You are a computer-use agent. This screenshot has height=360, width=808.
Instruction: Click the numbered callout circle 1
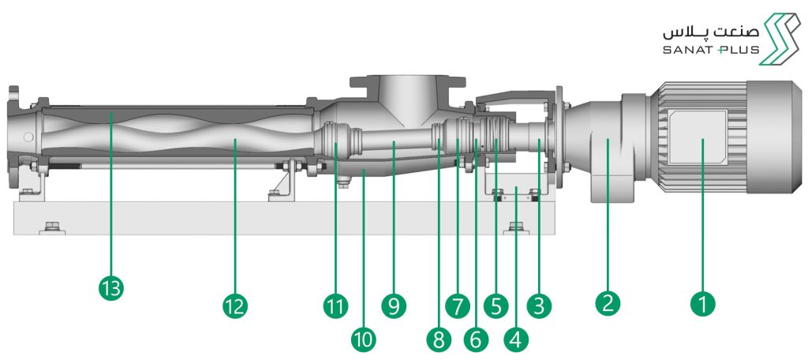click(x=702, y=303)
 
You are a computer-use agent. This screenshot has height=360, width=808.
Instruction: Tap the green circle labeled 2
click(x=608, y=303)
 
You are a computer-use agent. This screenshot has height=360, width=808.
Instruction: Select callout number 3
click(x=538, y=306)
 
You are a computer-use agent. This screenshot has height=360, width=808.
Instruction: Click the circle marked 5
click(x=496, y=306)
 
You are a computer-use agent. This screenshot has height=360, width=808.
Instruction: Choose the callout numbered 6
click(x=475, y=339)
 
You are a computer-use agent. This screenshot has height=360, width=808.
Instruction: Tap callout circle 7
click(x=458, y=306)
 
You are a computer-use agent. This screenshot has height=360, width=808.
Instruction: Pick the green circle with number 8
click(x=439, y=339)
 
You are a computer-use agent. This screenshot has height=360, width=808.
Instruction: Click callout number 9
click(x=394, y=306)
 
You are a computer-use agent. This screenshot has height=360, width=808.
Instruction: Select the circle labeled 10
click(x=365, y=339)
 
